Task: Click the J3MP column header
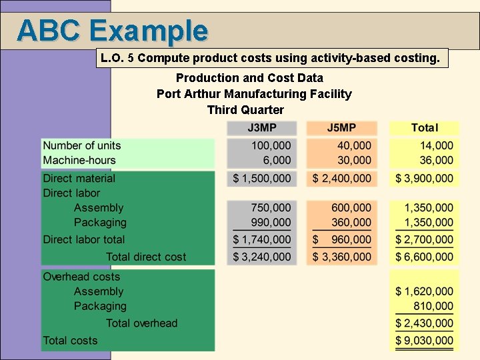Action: [x=261, y=127]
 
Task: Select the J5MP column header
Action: [x=341, y=127]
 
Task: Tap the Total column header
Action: [x=424, y=127]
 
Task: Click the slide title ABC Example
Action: [x=112, y=30]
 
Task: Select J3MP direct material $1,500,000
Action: [x=262, y=178]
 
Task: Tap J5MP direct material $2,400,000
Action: [x=342, y=178]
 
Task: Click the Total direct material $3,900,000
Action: [x=424, y=178]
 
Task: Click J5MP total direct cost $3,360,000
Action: [x=342, y=257]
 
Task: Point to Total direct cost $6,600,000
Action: [x=424, y=257]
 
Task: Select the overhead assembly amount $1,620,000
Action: [x=424, y=291]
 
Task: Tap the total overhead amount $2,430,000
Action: [x=424, y=323]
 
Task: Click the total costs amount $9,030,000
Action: [x=424, y=341]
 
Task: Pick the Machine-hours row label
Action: [x=79, y=160]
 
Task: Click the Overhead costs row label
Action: [x=81, y=277]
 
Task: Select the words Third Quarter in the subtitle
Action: [x=245, y=110]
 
